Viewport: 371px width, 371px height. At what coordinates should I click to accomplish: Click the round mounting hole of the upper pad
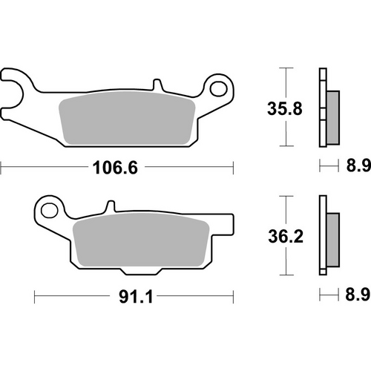219,91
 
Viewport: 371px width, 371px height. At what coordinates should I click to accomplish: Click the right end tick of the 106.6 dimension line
234,168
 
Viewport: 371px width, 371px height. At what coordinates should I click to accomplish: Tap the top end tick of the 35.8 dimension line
283,68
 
